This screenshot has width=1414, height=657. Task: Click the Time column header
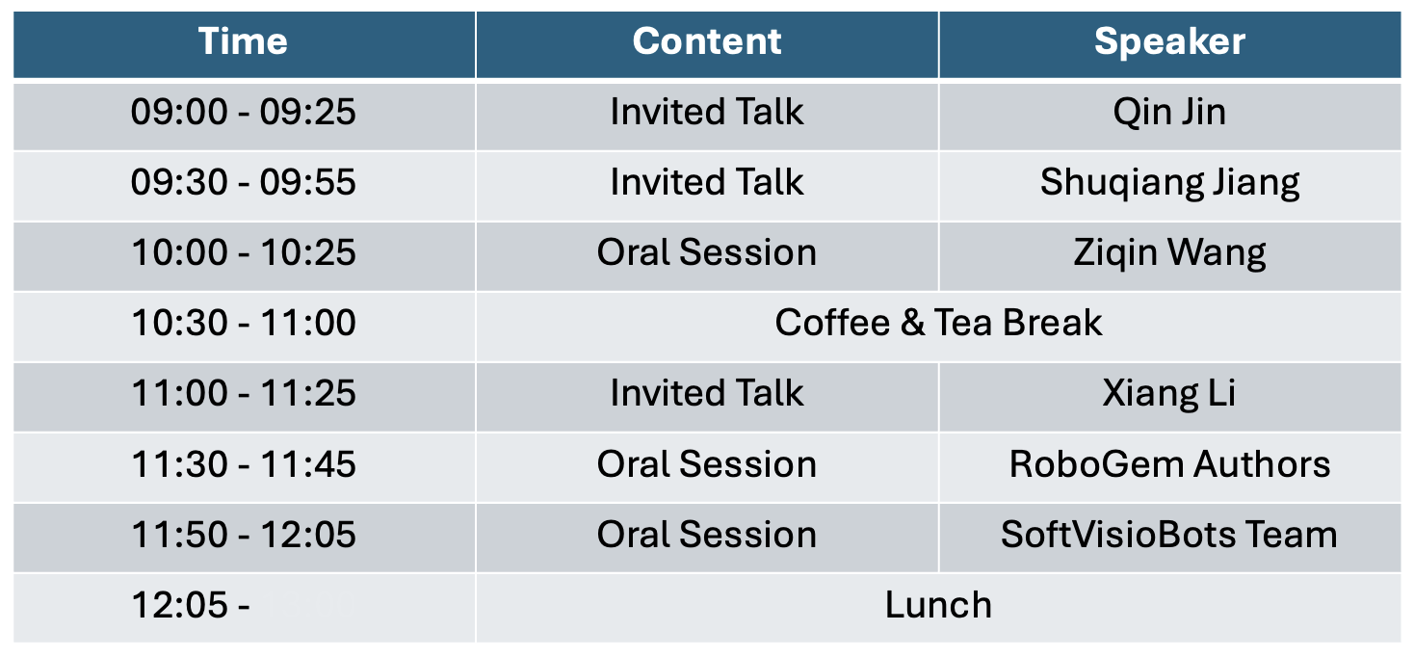pos(243,41)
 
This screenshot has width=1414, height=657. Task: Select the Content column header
pos(707,41)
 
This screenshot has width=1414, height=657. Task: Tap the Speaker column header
pos(1169,41)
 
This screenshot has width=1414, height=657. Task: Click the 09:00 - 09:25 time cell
pos(244,112)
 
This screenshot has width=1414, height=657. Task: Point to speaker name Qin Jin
pos(1169,112)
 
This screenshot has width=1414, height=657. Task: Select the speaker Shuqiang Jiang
pos(1169,182)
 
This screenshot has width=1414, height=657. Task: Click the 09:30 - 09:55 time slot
pos(244,182)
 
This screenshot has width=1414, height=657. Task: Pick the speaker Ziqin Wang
pos(1169,252)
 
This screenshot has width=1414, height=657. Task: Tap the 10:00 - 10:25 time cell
pos(244,252)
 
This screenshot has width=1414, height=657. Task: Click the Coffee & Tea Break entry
pos(938,323)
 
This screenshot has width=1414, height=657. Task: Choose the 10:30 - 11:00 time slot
pos(244,323)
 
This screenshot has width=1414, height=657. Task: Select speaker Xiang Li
pos(1169,393)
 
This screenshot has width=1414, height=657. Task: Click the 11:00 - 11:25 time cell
pos(244,393)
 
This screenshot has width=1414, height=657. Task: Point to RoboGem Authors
pos(1169,464)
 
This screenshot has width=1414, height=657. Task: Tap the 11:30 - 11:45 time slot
pos(244,464)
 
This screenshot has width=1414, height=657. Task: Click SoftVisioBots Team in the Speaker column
pos(1169,535)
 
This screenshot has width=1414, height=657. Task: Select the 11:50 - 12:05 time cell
pos(244,535)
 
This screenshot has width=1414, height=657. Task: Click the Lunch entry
pos(938,605)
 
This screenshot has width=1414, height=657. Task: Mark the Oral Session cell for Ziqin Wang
pos(707,252)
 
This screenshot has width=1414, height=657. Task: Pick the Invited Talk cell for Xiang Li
pos(707,393)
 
